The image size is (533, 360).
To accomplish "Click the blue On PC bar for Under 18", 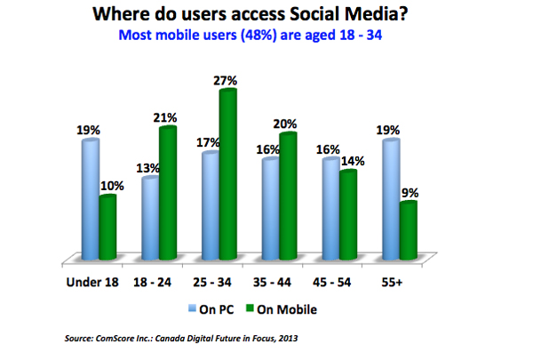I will pyautogui.click(x=90, y=200).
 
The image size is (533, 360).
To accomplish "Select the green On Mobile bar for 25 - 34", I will pyautogui.click(x=227, y=173).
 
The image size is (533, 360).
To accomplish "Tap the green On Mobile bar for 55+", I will pyautogui.click(x=408, y=230).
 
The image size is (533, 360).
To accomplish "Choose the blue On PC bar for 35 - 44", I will pyautogui.click(x=270, y=208).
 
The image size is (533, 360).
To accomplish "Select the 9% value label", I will pyautogui.click(x=410, y=191).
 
